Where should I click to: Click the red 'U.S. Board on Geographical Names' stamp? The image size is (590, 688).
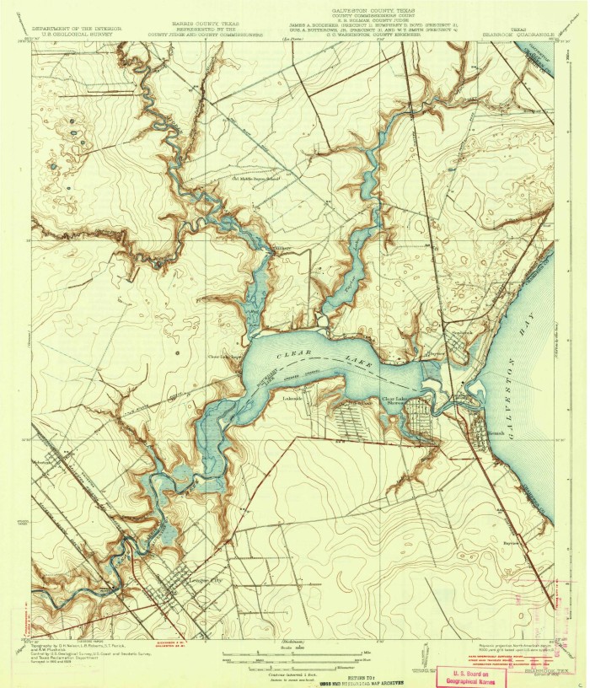point(475,675)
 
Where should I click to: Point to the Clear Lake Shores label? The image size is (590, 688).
point(399,400)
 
